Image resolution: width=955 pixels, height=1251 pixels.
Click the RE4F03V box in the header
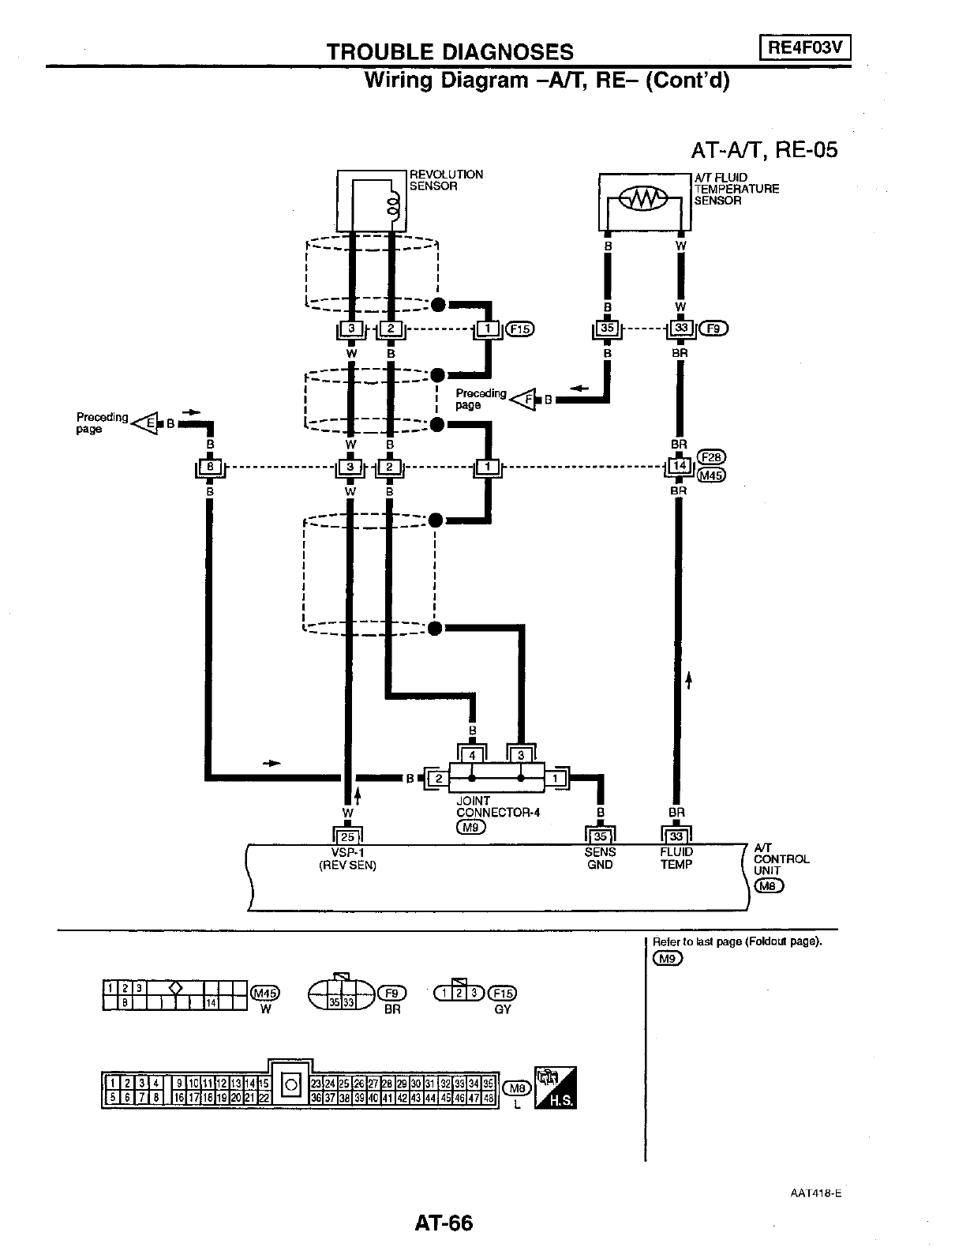805,48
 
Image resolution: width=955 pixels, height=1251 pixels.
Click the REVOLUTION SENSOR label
445,180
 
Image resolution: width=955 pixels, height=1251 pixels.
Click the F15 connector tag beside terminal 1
521,329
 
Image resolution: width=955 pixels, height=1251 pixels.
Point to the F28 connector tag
712,457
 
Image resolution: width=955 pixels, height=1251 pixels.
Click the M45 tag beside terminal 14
712,475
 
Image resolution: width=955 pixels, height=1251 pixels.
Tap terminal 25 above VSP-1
347,837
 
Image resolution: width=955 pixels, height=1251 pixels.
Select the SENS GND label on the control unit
600,858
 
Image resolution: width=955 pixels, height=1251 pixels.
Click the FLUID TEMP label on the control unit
676,858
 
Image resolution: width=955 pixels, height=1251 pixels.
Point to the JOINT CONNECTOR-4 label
497,806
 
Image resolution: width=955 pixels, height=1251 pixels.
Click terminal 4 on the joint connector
472,756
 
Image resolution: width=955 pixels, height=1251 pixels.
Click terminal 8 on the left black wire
210,468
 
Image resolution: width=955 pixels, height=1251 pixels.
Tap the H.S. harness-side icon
556,1088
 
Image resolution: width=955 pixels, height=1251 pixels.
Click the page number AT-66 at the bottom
444,1223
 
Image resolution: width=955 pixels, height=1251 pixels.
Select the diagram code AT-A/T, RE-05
763,149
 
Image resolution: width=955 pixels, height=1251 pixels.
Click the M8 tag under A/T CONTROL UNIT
769,885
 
